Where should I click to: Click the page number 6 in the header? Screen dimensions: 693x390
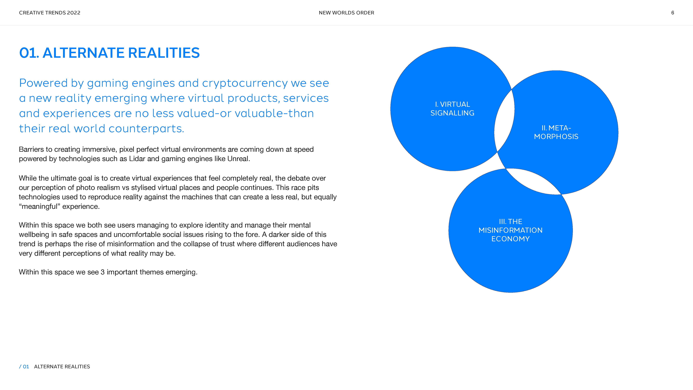[673, 13]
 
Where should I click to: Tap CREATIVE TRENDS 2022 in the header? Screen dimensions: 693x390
[50, 13]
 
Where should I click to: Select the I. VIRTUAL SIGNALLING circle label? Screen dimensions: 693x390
[453, 108]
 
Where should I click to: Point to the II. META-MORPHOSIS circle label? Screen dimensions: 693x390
[556, 132]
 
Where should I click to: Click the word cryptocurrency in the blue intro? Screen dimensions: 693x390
[245, 83]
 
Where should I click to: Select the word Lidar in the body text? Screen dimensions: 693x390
[137, 159]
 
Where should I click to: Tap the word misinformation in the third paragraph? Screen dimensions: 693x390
[131, 244]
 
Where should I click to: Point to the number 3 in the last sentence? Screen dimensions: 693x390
[103, 272]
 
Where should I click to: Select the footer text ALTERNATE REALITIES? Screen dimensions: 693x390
[62, 367]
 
